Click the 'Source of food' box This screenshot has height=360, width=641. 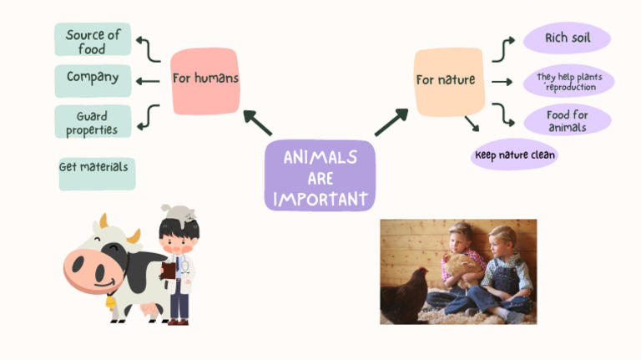[x=93, y=40]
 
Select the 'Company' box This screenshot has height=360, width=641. [x=93, y=79]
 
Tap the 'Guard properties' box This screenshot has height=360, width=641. [x=93, y=122]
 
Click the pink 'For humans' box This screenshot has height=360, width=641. [x=204, y=80]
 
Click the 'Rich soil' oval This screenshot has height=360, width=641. [x=567, y=38]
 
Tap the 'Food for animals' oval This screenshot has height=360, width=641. [x=568, y=120]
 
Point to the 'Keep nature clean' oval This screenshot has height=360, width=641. [x=514, y=155]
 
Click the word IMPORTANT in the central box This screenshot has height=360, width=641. [x=320, y=199]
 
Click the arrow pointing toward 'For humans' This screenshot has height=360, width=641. [x=256, y=122]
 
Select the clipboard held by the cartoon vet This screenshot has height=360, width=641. [x=169, y=271]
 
